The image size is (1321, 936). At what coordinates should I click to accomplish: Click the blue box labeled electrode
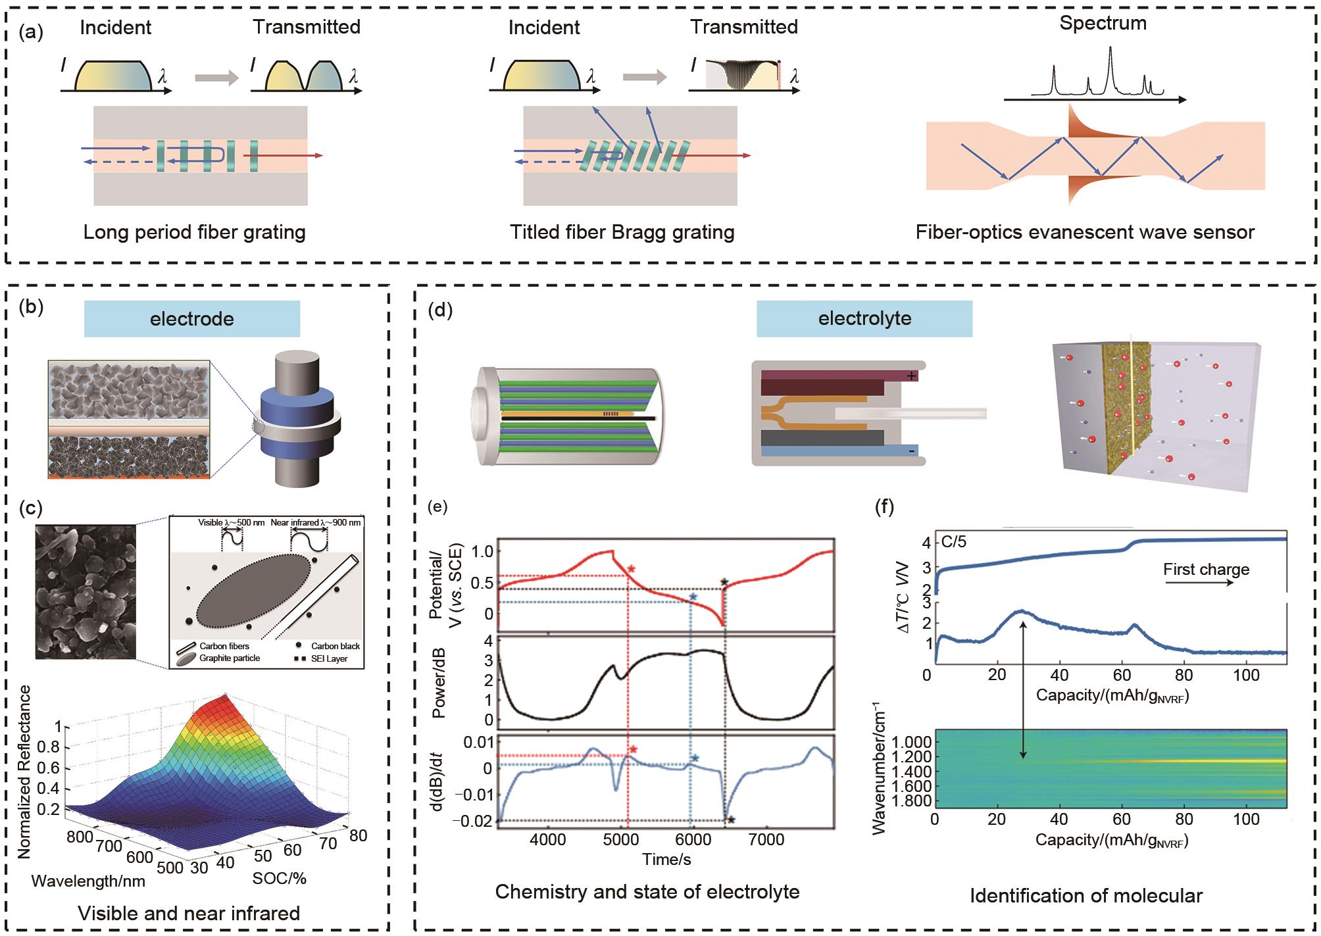191,319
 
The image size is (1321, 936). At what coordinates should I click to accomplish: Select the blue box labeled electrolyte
864,318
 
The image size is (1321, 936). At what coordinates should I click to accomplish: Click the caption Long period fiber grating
194,232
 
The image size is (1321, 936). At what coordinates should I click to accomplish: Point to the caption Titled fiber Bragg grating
622,232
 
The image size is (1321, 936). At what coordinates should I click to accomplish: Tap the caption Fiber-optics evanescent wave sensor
1085,232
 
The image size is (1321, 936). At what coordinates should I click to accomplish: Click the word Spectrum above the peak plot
1103,23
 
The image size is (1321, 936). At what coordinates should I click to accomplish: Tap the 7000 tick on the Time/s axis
766,839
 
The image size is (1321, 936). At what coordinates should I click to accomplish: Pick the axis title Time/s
666,859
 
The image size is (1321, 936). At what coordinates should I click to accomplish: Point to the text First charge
1206,570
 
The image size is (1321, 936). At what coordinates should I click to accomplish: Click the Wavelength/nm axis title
88,881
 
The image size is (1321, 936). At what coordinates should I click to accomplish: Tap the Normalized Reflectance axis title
24,772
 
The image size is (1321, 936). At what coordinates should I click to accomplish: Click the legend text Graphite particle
230,658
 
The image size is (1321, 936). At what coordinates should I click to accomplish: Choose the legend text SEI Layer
329,658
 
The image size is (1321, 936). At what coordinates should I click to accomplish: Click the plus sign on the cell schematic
911,376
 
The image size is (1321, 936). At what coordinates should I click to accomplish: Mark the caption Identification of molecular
1086,896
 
